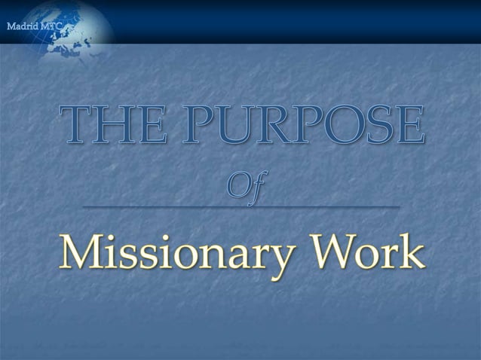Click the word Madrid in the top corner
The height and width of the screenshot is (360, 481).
[21, 27]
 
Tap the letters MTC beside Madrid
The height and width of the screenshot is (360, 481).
[51, 27]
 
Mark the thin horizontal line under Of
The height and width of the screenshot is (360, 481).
[240, 206]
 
